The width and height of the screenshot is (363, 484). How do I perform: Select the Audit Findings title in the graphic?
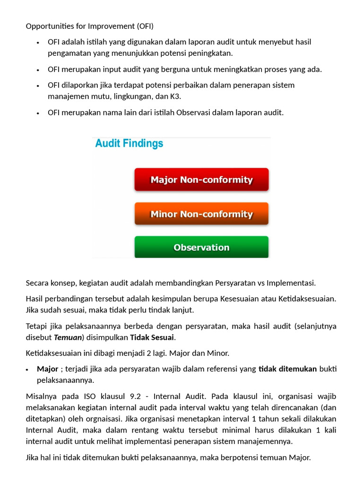point(129,143)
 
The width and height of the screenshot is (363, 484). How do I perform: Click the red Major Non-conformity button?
point(201,180)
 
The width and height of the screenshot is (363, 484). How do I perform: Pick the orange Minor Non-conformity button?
point(201,214)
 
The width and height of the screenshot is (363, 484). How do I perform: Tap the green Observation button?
point(201,247)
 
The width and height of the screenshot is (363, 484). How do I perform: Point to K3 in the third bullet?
point(175,96)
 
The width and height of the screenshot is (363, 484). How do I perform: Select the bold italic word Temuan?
point(68,337)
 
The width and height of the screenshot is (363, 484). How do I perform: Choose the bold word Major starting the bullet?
point(48,369)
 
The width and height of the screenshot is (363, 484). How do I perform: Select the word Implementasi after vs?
point(291,283)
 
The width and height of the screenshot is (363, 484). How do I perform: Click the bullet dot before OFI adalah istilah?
point(38,43)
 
